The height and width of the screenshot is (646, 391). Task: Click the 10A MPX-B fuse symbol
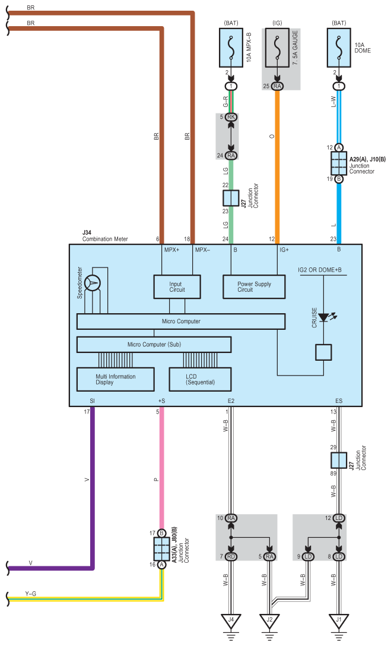[x=231, y=48]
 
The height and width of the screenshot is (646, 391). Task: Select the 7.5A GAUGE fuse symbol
[x=277, y=48]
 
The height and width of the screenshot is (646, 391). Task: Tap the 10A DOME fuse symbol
[x=339, y=48]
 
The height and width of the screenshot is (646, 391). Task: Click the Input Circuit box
[x=177, y=286]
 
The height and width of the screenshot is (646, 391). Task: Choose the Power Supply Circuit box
[x=254, y=286]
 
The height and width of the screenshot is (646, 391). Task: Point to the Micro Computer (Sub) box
[x=154, y=345]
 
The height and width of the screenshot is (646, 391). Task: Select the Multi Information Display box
[x=116, y=379]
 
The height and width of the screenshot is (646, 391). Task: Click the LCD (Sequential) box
[x=200, y=379]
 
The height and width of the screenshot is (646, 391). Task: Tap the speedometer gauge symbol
[x=93, y=283]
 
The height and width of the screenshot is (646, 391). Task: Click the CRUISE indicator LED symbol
[x=325, y=317]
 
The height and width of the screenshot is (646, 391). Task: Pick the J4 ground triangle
[x=231, y=621]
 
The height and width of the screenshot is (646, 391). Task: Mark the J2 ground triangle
[x=269, y=621]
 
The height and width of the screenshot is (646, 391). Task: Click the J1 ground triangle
[x=339, y=621]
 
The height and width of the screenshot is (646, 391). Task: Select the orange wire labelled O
[x=277, y=167]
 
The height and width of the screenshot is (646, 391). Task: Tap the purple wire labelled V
[x=92, y=488]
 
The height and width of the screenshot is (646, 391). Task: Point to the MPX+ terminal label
[x=172, y=250]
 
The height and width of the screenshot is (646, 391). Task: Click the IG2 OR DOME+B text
[x=319, y=270]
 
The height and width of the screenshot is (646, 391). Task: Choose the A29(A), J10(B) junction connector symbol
[x=339, y=163]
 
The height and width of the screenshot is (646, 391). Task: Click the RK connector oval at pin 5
[x=231, y=117]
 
